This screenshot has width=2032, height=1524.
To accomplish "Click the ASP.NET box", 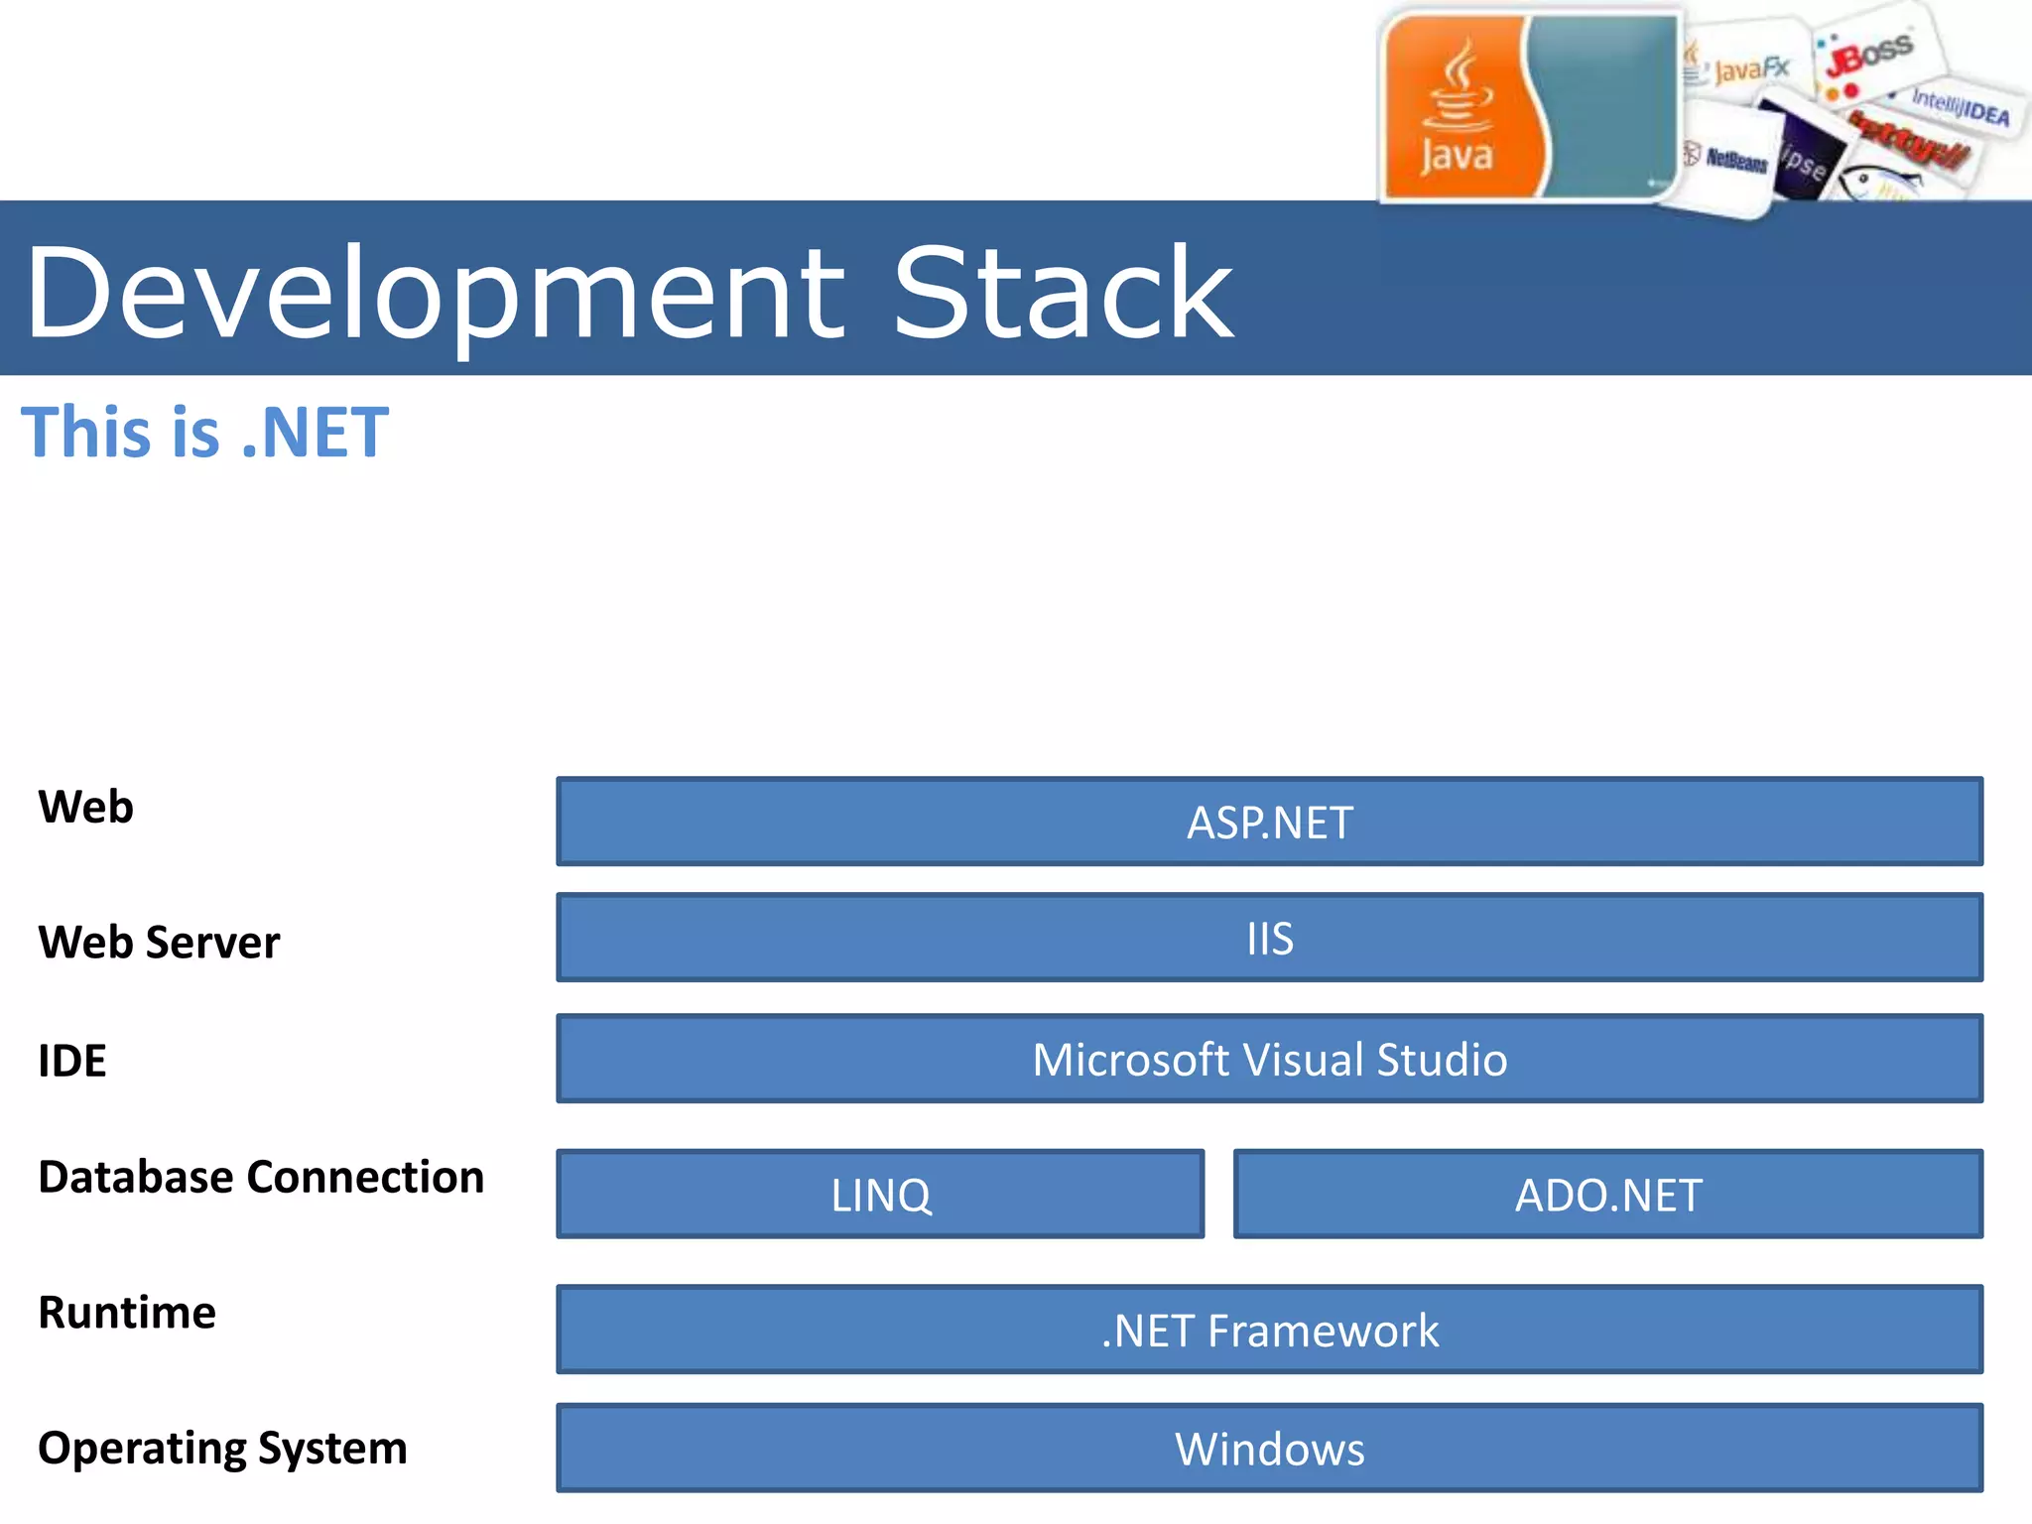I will (1269, 822).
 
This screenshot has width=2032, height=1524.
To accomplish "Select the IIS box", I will (1269, 938).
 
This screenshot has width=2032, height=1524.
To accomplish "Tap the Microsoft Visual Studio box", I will (1269, 1059).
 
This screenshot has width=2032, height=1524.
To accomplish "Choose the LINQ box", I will (880, 1195).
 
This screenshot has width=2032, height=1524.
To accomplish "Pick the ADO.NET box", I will (1607, 1195).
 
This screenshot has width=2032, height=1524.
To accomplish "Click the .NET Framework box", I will (1269, 1330).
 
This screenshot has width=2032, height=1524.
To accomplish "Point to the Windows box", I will (1269, 1448).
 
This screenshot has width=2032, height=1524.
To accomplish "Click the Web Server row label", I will (159, 942).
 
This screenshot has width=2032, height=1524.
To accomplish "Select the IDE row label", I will (71, 1061).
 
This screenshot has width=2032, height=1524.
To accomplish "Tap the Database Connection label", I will (261, 1177).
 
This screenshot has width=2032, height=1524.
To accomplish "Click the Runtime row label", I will (127, 1312).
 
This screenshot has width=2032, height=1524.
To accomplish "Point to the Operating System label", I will (222, 1448).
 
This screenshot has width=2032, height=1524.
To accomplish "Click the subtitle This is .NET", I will (204, 433).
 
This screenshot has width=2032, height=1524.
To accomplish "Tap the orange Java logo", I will (1456, 107).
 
